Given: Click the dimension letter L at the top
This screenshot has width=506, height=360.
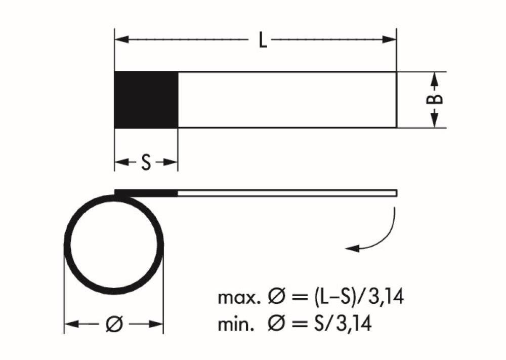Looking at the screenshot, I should (262, 40).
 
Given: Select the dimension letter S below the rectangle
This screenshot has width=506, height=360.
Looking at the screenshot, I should (146, 163).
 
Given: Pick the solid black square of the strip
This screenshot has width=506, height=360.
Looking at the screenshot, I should (146, 100).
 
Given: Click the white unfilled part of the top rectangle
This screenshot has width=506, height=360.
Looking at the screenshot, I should (286, 100).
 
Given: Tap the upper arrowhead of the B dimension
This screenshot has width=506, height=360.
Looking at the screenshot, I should (435, 77).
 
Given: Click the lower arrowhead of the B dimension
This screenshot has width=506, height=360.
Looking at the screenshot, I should (435, 122).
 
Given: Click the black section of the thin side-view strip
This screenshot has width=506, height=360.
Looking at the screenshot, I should (147, 192).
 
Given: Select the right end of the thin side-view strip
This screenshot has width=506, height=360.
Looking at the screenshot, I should (395, 192).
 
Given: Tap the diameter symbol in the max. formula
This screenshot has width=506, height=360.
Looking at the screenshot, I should (270, 298).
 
